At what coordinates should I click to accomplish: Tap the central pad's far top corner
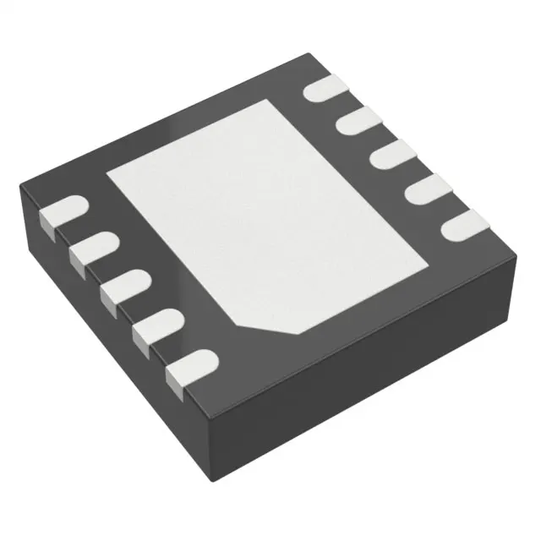(x=272, y=101)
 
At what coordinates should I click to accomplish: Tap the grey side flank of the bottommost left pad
(x=176, y=378)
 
